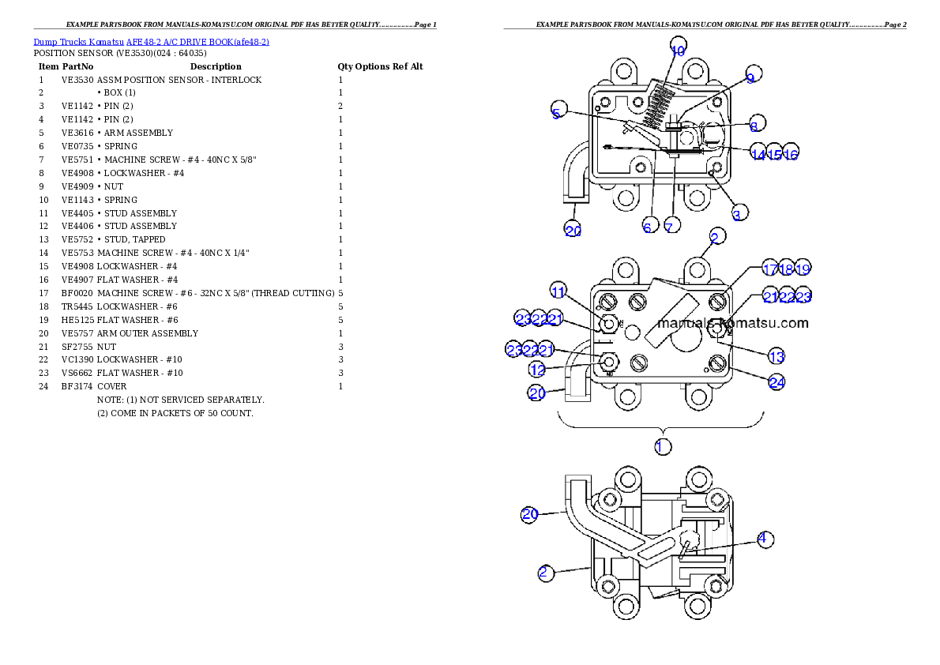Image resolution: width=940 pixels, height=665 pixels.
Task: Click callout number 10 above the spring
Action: click(678, 50)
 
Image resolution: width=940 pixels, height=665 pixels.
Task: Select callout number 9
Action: click(750, 77)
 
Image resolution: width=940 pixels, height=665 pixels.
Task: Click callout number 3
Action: click(736, 214)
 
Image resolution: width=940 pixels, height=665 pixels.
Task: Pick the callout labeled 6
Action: click(647, 227)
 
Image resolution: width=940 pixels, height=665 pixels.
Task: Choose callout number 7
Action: click(669, 227)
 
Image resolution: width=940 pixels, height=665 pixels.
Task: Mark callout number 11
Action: click(558, 292)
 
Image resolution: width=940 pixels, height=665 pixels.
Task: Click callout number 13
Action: click(776, 357)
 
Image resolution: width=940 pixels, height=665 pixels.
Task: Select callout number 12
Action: click(537, 370)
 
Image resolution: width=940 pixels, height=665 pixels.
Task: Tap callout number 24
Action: click(777, 382)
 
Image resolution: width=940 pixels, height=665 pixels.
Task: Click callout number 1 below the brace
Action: click(662, 446)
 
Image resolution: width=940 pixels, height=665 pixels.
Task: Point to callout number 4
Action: click(762, 539)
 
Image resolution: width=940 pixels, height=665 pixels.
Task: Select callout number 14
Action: click(758, 155)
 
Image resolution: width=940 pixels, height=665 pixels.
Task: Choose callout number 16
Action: click(791, 155)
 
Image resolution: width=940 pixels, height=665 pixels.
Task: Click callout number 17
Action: click(769, 269)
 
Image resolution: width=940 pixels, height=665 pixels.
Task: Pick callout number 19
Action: click(803, 269)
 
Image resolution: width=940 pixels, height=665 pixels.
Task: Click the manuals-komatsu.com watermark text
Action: click(732, 323)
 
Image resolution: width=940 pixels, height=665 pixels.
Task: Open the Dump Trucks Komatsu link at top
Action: click(151, 41)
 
